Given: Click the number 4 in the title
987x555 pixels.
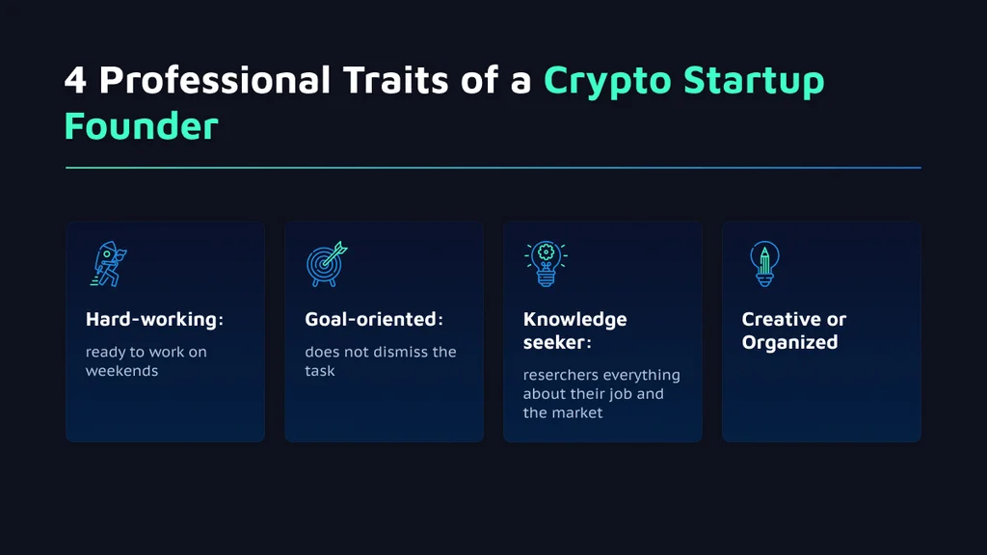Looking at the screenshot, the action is [75, 81].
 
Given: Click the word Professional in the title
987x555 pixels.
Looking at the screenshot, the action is [215, 80].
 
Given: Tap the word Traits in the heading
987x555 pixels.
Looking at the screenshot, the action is [396, 80].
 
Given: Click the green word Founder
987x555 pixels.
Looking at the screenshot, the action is [142, 126].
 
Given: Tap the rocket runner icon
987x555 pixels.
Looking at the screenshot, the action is [108, 264].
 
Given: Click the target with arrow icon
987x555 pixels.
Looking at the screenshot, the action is [327, 264].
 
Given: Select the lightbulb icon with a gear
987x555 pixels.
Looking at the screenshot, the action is [546, 264].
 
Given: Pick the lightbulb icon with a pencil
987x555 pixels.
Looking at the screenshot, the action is [764, 264].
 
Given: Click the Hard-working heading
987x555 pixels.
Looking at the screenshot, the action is [154, 319].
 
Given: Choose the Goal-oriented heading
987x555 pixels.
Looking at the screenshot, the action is [374, 319].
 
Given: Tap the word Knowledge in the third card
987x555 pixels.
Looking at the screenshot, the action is [574, 320].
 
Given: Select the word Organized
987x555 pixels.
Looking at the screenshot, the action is [790, 343].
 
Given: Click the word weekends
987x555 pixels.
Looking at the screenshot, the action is [122, 371].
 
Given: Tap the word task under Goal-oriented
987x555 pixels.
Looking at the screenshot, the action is [320, 371].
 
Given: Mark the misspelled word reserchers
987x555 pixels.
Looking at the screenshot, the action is [561, 375].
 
